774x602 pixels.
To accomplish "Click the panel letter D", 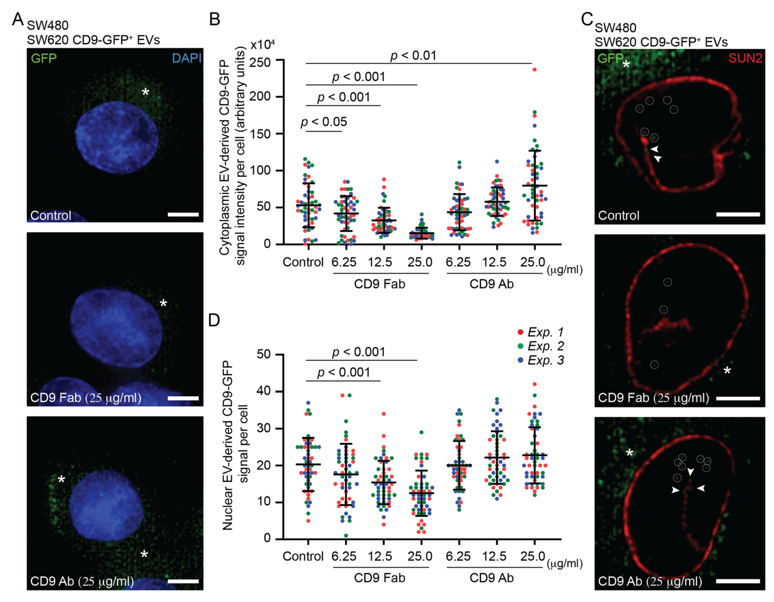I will (x=214, y=320).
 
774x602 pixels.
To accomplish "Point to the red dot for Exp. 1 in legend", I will (x=520, y=332).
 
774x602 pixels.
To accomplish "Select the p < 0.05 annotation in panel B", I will (x=324, y=122).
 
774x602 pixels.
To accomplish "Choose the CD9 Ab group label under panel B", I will (x=491, y=284).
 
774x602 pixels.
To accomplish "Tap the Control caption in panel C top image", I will (x=618, y=216).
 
